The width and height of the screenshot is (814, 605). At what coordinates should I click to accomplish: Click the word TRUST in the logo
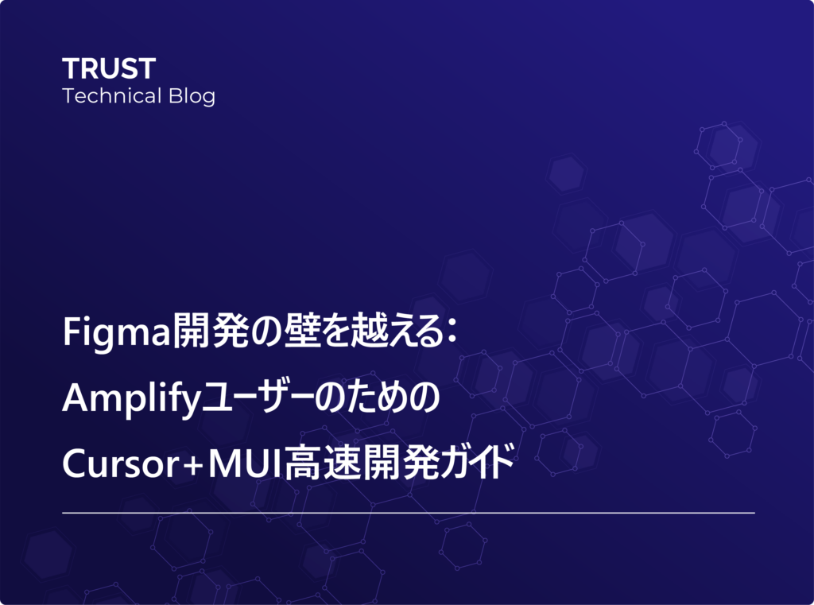(x=109, y=68)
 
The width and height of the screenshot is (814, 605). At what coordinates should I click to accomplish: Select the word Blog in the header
(x=192, y=97)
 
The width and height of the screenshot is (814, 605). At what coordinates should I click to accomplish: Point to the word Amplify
(x=131, y=399)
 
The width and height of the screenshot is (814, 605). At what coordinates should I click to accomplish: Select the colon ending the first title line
(x=452, y=332)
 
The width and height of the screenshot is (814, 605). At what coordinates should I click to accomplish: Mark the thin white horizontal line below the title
(x=409, y=513)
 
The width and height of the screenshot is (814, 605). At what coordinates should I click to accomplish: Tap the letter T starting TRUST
(x=71, y=68)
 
